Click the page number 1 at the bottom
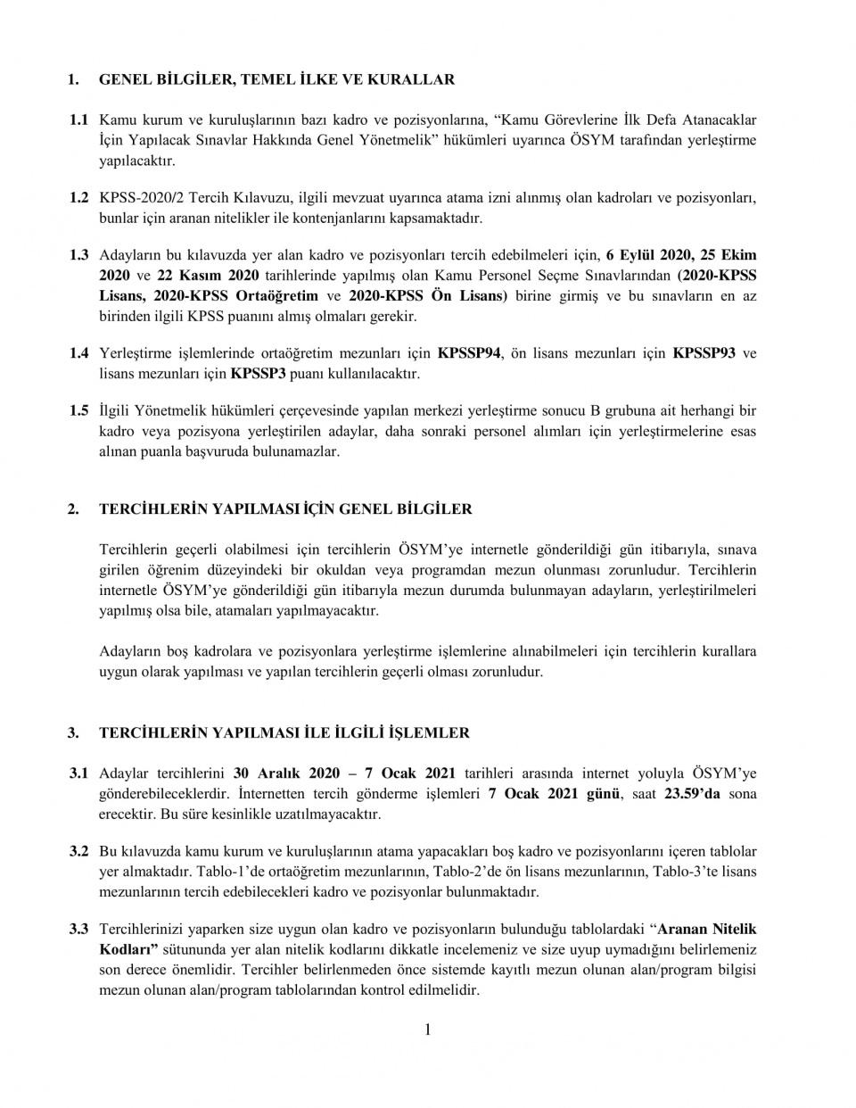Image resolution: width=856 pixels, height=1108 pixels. (428, 1030)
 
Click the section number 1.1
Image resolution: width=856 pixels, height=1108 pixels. (79, 119)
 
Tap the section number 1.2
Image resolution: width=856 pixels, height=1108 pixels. (79, 197)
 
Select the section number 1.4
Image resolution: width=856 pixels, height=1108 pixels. (79, 354)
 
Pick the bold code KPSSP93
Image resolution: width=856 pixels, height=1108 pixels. (704, 354)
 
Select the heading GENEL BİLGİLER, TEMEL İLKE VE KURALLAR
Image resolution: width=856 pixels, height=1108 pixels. (276, 79)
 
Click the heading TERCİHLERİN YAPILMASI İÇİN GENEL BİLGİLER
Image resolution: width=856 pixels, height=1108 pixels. (285, 509)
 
